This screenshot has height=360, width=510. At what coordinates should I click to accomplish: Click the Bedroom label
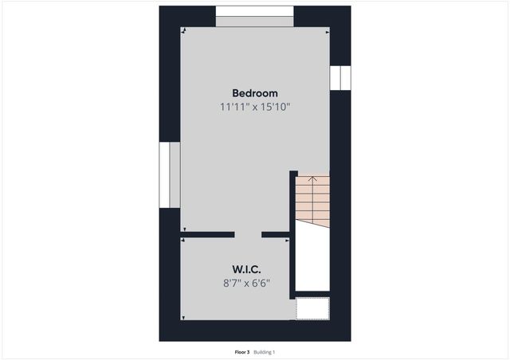click(x=255, y=92)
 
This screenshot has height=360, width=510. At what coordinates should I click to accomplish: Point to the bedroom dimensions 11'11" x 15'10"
click(x=255, y=107)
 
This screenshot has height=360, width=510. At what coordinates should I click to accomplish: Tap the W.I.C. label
click(x=247, y=268)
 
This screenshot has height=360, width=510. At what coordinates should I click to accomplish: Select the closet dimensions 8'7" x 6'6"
click(x=247, y=282)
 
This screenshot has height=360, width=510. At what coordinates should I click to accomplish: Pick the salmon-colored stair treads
click(x=312, y=203)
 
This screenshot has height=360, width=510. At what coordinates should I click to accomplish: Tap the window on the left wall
click(x=170, y=175)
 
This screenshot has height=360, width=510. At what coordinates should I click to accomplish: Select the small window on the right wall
click(x=340, y=77)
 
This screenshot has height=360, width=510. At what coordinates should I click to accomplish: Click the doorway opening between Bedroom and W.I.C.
click(x=248, y=235)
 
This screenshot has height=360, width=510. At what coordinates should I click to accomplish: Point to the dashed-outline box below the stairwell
click(x=312, y=308)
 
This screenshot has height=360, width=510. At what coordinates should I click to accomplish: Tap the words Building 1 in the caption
click(x=265, y=351)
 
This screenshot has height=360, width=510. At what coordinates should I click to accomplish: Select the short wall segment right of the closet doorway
click(x=276, y=235)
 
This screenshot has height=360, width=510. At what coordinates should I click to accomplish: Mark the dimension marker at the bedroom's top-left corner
click(x=184, y=31)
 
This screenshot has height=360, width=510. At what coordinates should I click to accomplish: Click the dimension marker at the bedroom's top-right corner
click(x=327, y=31)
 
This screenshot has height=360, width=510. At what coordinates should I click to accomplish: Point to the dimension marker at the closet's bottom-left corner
click(x=184, y=318)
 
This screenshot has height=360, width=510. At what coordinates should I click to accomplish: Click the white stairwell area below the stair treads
click(x=312, y=259)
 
